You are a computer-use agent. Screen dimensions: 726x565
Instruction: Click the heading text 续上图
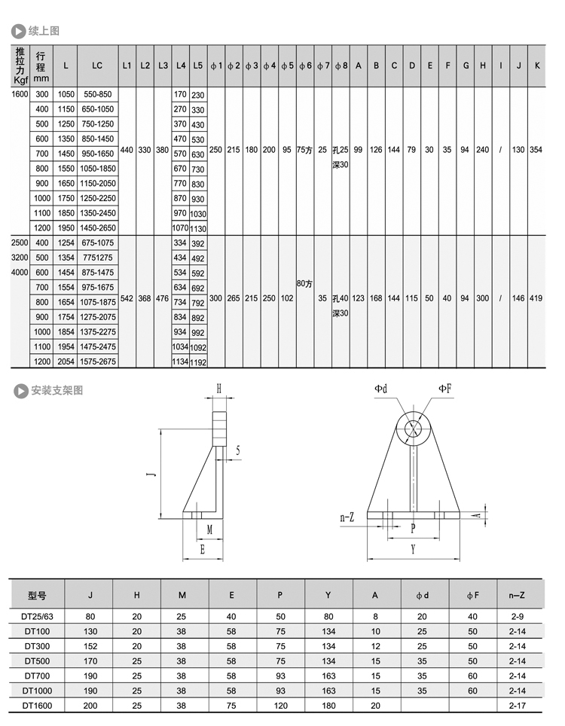tap(43, 31)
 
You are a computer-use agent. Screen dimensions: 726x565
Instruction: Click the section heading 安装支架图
tap(56, 390)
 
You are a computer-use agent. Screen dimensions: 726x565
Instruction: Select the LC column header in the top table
tap(97, 66)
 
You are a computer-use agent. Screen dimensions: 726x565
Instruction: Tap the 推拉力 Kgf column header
tap(20, 66)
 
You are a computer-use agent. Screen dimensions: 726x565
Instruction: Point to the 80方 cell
tap(305, 284)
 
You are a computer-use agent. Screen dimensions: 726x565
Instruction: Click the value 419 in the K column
tap(536, 299)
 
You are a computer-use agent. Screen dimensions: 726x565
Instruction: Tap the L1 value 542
tap(127, 299)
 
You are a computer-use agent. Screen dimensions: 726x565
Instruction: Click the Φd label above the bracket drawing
tap(381, 389)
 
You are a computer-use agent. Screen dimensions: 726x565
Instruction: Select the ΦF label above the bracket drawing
tap(445, 389)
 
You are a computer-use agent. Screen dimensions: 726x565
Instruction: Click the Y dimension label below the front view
tap(413, 551)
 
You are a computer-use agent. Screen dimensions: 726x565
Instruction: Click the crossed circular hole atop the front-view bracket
tap(413, 429)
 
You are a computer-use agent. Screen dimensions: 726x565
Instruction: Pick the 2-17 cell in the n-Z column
tap(516, 706)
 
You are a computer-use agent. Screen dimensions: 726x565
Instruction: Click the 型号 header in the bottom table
tap(37, 595)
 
